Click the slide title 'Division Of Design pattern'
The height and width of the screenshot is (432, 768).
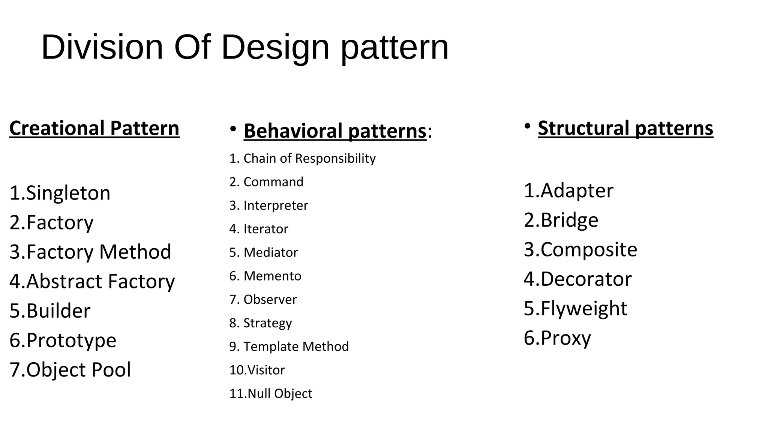(x=244, y=47)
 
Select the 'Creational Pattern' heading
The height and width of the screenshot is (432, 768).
(x=94, y=128)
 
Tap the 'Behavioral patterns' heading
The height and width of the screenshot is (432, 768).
(x=335, y=131)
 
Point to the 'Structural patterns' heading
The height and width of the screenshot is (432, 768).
(x=625, y=128)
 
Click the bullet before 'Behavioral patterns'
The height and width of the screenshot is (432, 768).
(x=233, y=129)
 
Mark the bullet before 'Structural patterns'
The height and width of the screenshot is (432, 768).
(x=527, y=126)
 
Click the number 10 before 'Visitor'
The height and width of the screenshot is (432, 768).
(x=237, y=370)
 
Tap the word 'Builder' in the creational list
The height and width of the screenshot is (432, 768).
(x=58, y=311)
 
